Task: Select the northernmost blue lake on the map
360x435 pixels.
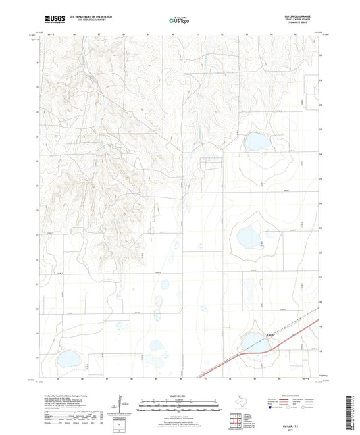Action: point(257,142)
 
